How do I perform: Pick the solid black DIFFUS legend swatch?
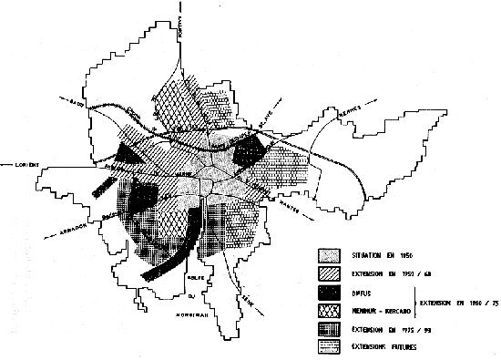(x=328, y=293)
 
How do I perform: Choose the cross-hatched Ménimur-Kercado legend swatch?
(x=328, y=310)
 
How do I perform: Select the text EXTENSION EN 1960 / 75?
(x=456, y=302)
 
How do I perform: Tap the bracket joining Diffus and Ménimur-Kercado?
(x=415, y=302)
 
